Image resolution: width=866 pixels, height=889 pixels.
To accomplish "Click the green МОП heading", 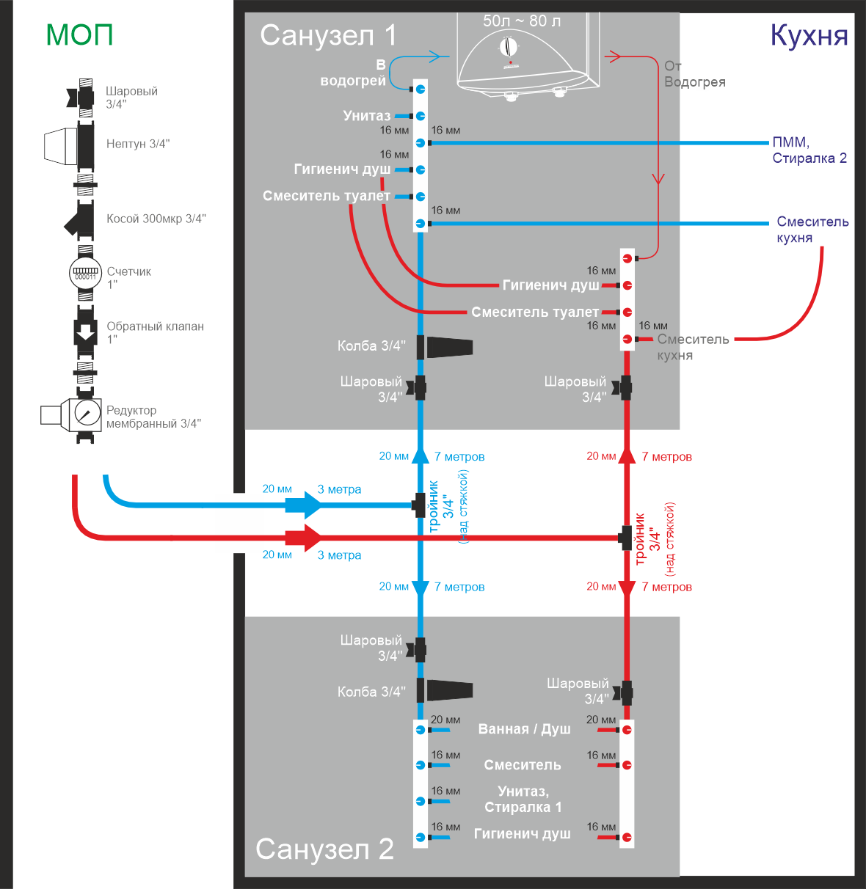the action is [x=79, y=34].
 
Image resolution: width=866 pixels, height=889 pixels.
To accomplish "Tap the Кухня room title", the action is [x=809, y=35].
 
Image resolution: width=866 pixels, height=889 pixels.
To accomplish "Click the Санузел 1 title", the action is [x=328, y=35].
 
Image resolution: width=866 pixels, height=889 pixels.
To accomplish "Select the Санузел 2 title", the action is [x=324, y=849].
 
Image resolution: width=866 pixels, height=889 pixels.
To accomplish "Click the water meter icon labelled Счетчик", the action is [x=85, y=273].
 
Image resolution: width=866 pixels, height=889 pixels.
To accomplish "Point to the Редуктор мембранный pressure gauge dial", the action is [x=87, y=414].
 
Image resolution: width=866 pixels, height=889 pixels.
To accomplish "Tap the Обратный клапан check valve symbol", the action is [x=85, y=332].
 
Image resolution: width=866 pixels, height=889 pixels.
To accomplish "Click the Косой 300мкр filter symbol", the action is [x=81, y=220].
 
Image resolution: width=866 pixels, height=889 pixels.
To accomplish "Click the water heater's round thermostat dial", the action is [x=507, y=47].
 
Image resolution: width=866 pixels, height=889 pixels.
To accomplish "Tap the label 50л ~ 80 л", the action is [x=521, y=21].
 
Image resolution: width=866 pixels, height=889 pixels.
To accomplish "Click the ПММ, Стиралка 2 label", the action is [x=809, y=150].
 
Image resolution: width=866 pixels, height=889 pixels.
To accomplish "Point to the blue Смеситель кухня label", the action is [x=812, y=230].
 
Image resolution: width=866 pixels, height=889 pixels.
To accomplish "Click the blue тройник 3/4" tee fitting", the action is [x=419, y=505].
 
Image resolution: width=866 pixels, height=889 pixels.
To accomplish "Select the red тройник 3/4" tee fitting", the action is [x=625, y=538].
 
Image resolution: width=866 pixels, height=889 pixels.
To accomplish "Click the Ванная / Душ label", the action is [x=524, y=728].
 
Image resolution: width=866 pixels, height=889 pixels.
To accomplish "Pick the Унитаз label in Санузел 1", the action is [x=366, y=116].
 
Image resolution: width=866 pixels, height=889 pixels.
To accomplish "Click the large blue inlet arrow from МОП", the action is [x=303, y=505].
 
